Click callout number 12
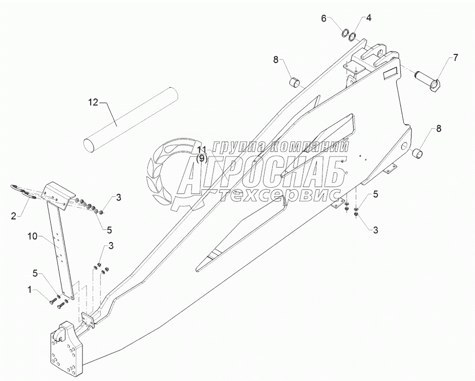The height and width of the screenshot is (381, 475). [x=92, y=102]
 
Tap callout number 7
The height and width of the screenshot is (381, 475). [x=456, y=57]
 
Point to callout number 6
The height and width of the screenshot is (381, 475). [x=323, y=18]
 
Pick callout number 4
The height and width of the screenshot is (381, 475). [x=369, y=18]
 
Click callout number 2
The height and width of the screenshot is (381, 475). [x=13, y=216]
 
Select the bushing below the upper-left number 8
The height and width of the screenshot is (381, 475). [x=295, y=82]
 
